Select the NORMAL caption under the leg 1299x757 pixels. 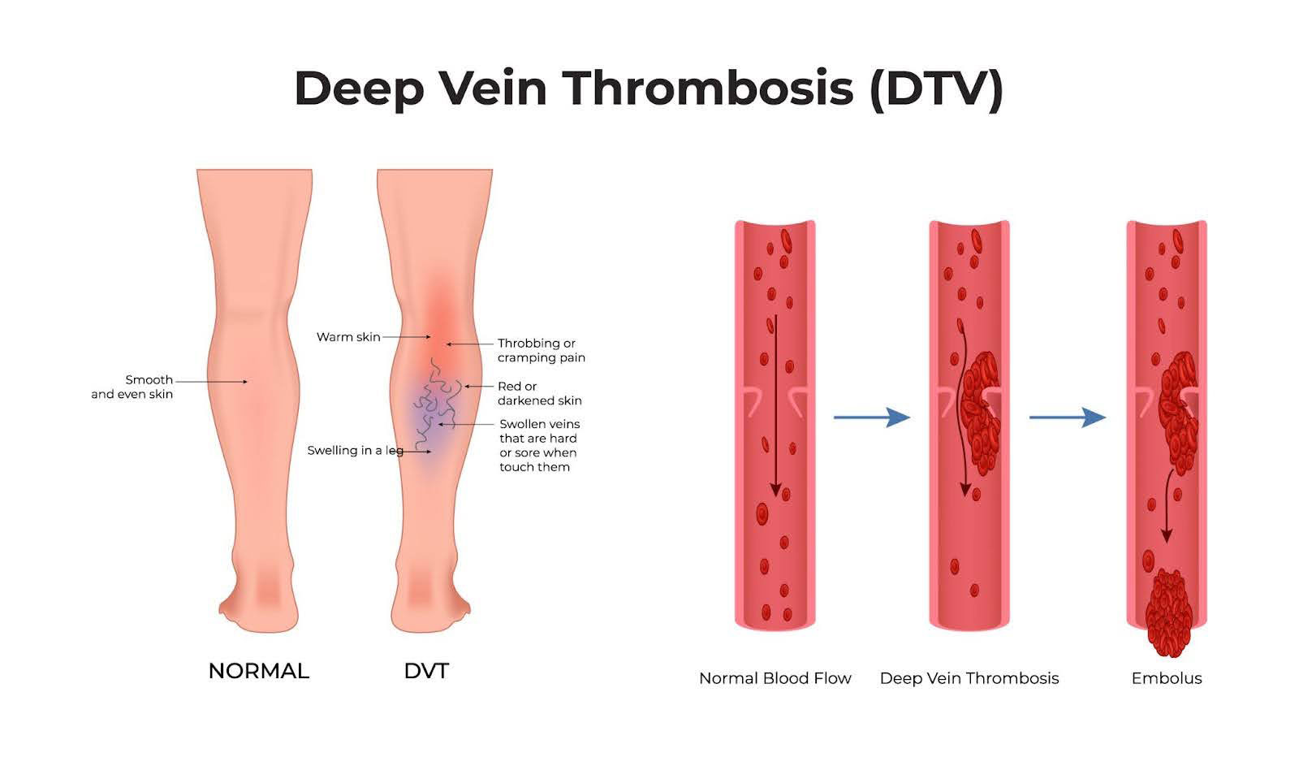(x=259, y=671)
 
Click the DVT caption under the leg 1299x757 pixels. (x=426, y=671)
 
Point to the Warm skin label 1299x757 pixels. (x=348, y=337)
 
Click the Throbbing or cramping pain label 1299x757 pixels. (x=541, y=350)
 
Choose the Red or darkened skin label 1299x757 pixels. (x=539, y=393)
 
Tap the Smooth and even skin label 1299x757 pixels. (x=132, y=387)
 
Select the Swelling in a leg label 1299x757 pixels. (x=355, y=451)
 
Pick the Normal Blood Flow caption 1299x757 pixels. (x=775, y=678)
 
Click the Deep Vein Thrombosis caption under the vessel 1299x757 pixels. (x=969, y=678)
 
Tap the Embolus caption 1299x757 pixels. (x=1167, y=678)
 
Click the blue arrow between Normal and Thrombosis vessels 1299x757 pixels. (x=871, y=417)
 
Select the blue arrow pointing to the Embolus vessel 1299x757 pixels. (x=1067, y=417)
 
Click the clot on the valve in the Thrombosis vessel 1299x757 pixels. (x=981, y=410)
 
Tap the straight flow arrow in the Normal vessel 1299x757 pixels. (x=775, y=406)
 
